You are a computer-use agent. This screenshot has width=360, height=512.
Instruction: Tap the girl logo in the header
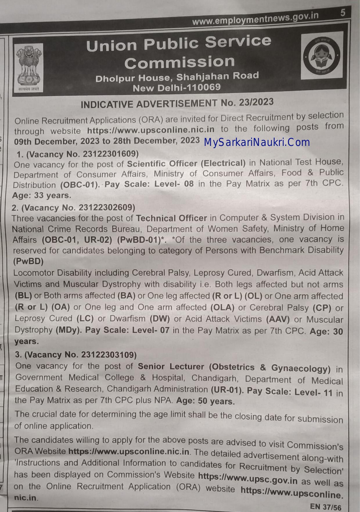click(x=321, y=55)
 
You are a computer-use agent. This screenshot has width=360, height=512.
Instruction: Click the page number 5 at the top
click(x=343, y=13)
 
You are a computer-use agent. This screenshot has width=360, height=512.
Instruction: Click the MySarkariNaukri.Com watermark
click(x=257, y=142)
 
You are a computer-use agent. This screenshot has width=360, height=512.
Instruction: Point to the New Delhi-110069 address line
click(x=177, y=88)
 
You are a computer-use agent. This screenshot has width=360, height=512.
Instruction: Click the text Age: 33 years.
click(x=42, y=195)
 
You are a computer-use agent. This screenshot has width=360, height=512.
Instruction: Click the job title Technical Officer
click(x=171, y=218)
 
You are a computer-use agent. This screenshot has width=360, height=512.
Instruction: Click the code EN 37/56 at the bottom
click(x=325, y=507)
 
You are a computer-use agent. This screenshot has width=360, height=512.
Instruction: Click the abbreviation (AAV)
click(x=278, y=319)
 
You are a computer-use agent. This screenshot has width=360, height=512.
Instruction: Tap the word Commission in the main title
click(x=179, y=62)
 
